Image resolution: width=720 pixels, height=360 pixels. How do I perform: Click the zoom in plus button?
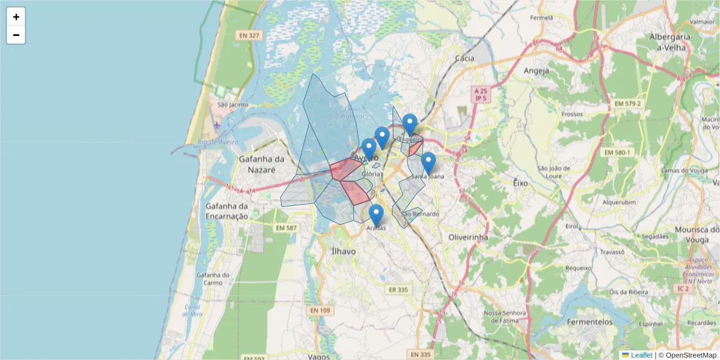pos(16,17)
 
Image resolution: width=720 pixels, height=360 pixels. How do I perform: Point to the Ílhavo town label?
pos(344,251)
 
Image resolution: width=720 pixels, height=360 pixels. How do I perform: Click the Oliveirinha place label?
pos(468,238)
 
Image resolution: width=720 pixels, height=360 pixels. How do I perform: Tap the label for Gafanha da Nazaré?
pos(261,164)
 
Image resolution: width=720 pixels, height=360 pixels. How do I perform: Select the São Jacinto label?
pos(233,104)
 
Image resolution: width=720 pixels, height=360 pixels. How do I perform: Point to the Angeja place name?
pos(536,71)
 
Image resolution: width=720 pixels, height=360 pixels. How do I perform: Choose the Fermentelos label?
pos(590,322)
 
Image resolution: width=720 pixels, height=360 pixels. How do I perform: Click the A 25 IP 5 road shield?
pos(480,94)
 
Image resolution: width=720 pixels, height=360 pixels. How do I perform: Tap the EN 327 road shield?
pos(249,35)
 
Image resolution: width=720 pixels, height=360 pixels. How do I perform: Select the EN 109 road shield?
pos(320,310)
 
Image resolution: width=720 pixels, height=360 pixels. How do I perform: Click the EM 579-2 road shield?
pos(628,104)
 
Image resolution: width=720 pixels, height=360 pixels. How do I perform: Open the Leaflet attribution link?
pos(641,355)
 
